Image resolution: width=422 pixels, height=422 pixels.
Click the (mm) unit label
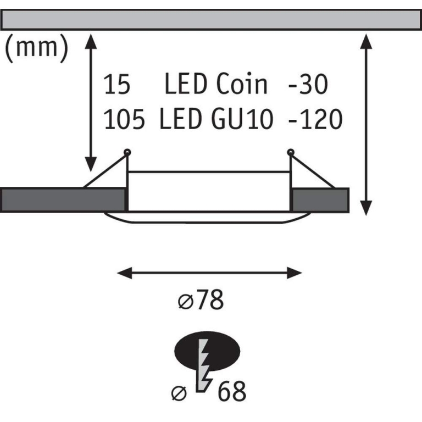pyautogui.click(x=36, y=48)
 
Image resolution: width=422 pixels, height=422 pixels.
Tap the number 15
pyautogui.click(x=116, y=85)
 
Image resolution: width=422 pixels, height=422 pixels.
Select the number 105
pyautogui.click(x=124, y=119)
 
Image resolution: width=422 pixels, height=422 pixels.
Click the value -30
pyautogui.click(x=307, y=85)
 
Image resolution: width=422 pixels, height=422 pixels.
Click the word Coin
pyautogui.click(x=242, y=85)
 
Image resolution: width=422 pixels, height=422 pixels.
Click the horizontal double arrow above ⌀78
pyautogui.click(x=211, y=273)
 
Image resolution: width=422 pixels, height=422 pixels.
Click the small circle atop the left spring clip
pyautogui.click(x=127, y=152)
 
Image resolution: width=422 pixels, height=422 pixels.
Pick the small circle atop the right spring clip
pyautogui.click(x=290, y=152)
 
